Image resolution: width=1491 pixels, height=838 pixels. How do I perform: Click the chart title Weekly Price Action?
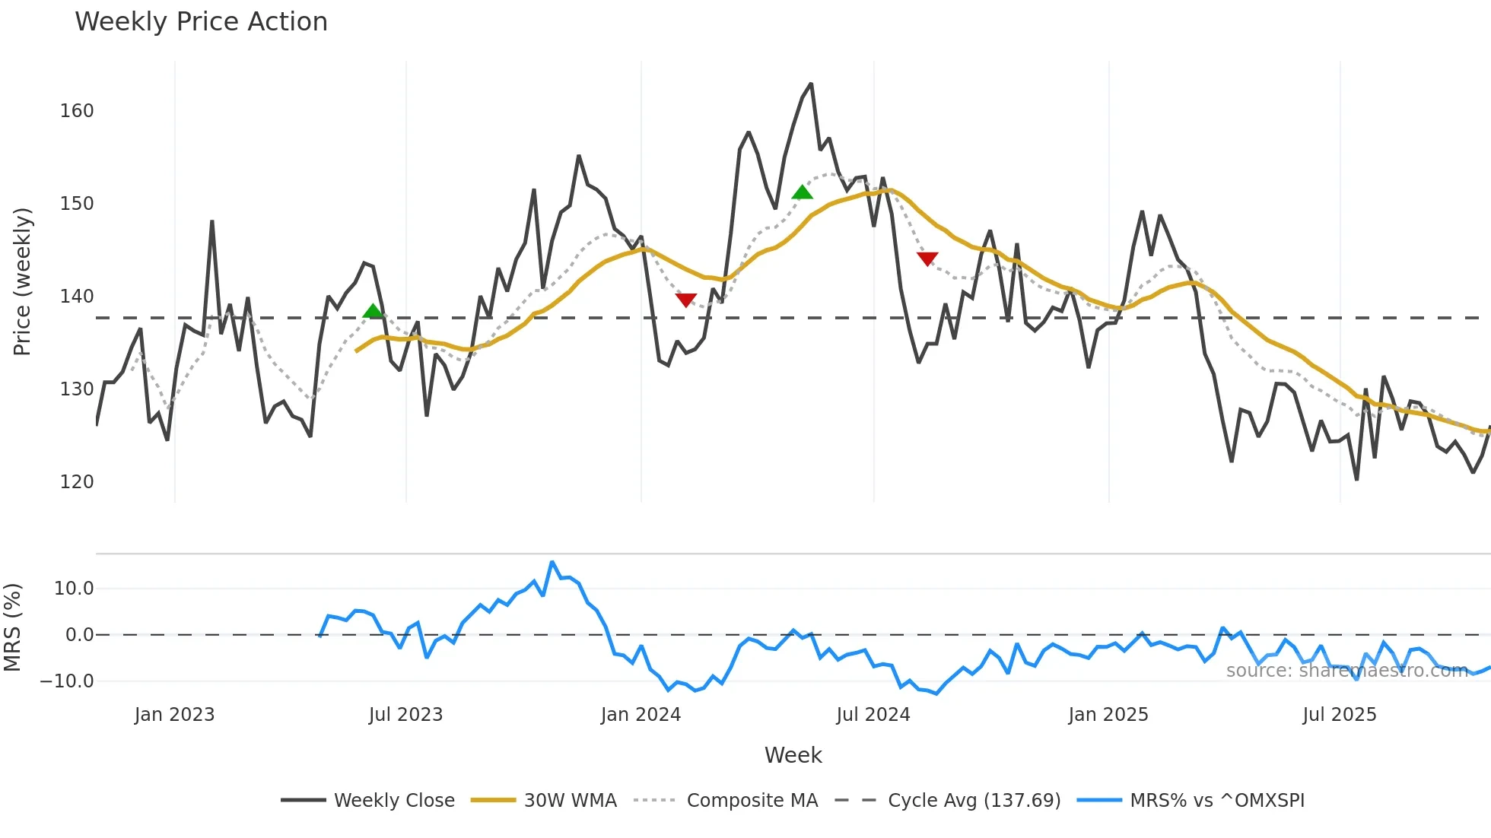click(201, 22)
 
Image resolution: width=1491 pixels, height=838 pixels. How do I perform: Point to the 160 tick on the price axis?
click(77, 111)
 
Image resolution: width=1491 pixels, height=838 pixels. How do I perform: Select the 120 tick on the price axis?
click(77, 482)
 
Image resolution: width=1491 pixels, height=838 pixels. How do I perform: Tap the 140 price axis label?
click(77, 297)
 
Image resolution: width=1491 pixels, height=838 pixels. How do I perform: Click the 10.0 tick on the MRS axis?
click(74, 589)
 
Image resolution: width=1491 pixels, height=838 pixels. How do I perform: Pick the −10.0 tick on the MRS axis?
click(67, 681)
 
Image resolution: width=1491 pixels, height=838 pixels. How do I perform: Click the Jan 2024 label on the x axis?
click(641, 715)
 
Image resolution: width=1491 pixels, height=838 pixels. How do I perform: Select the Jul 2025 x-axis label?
click(1340, 715)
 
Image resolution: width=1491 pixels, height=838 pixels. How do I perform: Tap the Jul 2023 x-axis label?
click(405, 715)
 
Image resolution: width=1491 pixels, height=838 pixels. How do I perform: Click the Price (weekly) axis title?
click(22, 281)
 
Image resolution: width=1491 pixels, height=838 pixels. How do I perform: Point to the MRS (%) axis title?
click(12, 627)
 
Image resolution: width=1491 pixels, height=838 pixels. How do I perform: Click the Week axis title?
click(793, 755)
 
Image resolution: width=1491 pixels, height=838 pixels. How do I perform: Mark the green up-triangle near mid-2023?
click(373, 311)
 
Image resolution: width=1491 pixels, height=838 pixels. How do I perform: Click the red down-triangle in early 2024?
click(686, 300)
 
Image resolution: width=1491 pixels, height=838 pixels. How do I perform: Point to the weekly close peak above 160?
click(811, 84)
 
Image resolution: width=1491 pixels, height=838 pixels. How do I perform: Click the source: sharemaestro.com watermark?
click(1346, 671)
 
